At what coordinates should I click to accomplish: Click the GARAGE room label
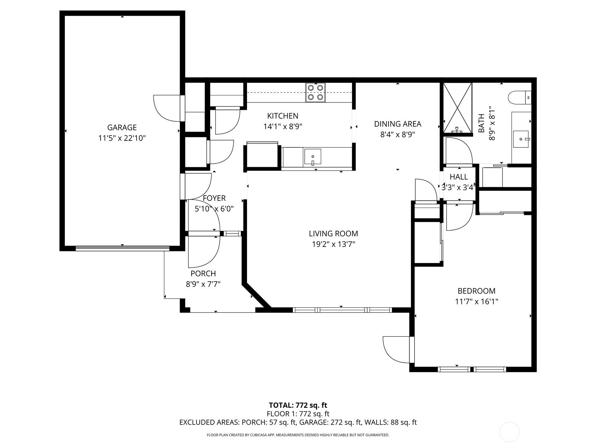click(x=122, y=127)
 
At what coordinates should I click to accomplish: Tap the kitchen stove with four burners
click(x=315, y=92)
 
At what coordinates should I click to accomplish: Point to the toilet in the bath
click(x=520, y=98)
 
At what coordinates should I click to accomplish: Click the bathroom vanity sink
click(x=521, y=139)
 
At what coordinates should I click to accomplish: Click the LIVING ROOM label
click(x=333, y=234)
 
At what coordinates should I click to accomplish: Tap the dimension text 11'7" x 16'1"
click(x=476, y=301)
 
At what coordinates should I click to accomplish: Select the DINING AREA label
click(x=397, y=124)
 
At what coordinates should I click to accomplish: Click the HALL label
click(x=458, y=177)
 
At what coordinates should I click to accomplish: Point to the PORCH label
click(x=203, y=273)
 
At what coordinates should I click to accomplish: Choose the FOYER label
click(x=214, y=198)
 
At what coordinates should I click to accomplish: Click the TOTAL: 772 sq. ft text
click(x=298, y=405)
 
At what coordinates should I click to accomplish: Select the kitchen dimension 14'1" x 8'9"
click(x=282, y=127)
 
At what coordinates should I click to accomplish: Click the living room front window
click(x=342, y=310)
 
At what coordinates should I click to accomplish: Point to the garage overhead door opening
click(x=122, y=248)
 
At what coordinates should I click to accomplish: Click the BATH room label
click(x=481, y=123)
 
